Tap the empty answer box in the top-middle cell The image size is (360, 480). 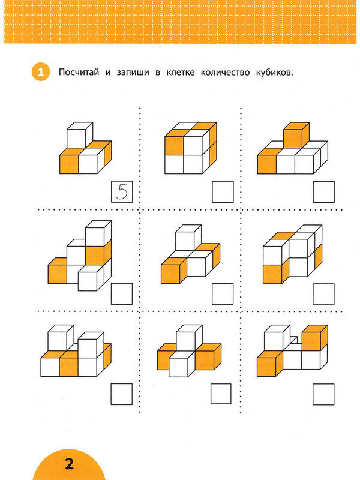click(x=223, y=192)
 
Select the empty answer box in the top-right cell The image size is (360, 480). click(x=324, y=192)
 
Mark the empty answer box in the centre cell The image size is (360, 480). click(x=223, y=293)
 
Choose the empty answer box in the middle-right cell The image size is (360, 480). click(x=324, y=293)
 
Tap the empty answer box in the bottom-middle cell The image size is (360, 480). click(x=221, y=394)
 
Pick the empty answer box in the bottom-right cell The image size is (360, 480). click(x=323, y=394)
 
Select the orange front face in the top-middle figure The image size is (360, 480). click(x=174, y=145)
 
